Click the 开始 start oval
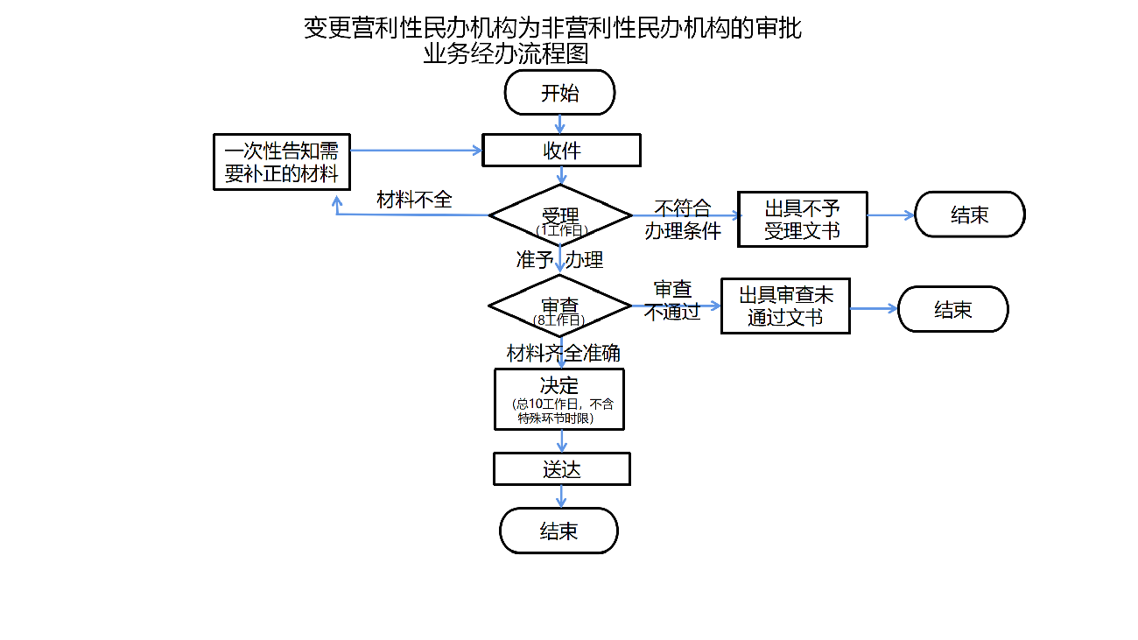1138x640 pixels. [x=560, y=92]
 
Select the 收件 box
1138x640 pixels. [x=561, y=151]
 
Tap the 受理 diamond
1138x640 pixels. [x=560, y=215]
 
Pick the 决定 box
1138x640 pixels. [x=559, y=398]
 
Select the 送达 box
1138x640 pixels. [x=561, y=469]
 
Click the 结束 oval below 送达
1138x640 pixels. [x=558, y=531]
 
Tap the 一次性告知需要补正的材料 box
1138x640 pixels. [x=281, y=162]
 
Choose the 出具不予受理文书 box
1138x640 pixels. [x=802, y=219]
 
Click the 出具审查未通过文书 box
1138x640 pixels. [x=785, y=306]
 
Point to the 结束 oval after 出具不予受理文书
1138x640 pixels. [x=969, y=215]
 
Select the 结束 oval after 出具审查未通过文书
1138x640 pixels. [x=952, y=309]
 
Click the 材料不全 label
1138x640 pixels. [x=414, y=200]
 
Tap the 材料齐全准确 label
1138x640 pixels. [x=564, y=353]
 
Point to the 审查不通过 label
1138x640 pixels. [x=672, y=300]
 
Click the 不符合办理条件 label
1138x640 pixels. [x=683, y=220]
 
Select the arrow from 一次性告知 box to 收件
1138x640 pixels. [x=416, y=151]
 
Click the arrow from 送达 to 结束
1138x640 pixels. [x=561, y=496]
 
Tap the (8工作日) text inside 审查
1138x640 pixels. [x=559, y=320]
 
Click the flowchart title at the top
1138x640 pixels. [x=551, y=40]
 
